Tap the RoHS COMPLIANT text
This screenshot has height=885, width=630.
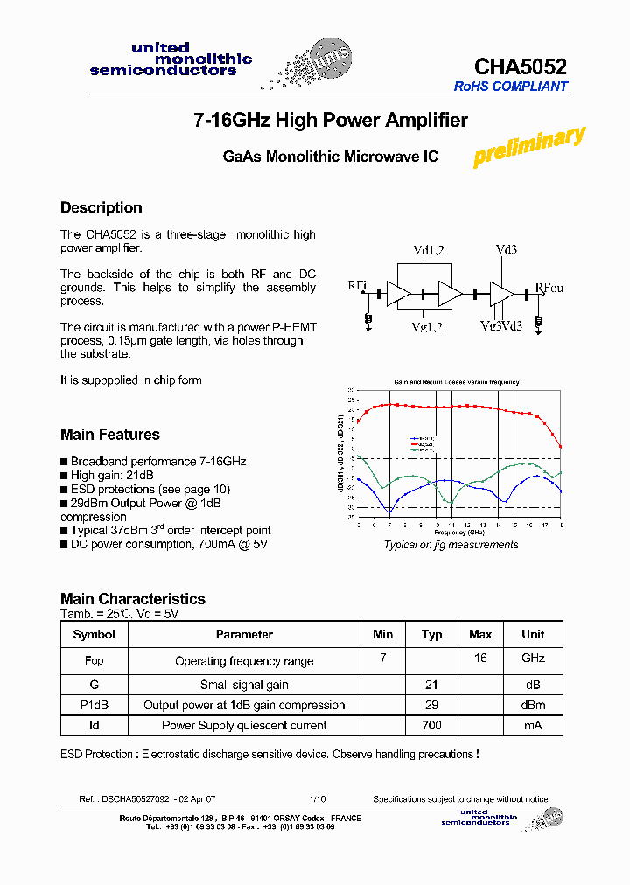click(x=510, y=87)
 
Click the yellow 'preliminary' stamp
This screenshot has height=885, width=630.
click(x=528, y=146)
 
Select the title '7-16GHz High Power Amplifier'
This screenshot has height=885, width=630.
click(x=330, y=121)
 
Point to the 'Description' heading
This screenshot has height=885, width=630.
click(x=101, y=207)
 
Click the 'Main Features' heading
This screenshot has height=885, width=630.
click(x=109, y=435)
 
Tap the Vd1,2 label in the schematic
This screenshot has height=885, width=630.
click(x=429, y=251)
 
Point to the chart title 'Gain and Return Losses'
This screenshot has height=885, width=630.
click(x=455, y=382)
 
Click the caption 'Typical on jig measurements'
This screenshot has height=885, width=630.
click(x=451, y=545)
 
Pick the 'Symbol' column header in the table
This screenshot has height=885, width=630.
click(x=94, y=635)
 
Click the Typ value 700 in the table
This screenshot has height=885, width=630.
click(x=431, y=725)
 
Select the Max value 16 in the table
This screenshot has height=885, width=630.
click(x=480, y=659)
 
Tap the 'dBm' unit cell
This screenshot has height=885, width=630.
click(x=532, y=705)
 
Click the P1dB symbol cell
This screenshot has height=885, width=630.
click(x=94, y=705)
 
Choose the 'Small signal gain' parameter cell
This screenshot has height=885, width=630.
click(x=244, y=685)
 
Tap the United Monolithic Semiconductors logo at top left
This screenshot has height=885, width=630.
click(x=171, y=59)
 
